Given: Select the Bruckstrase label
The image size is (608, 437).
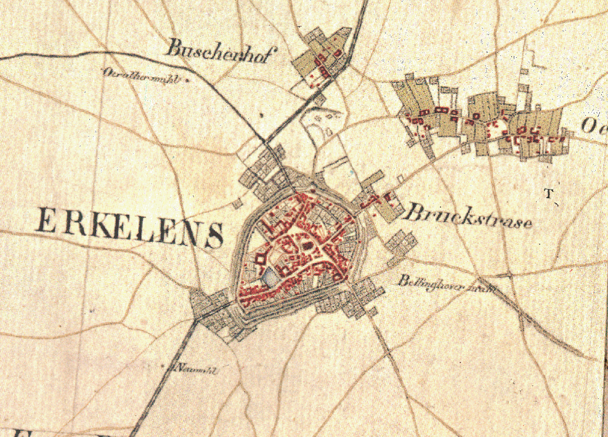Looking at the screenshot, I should point(468,217).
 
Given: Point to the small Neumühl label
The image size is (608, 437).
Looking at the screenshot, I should point(197,369).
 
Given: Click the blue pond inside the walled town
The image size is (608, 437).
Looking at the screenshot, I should point(270,279).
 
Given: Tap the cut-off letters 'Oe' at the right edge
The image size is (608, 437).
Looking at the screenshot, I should point(594,126).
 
